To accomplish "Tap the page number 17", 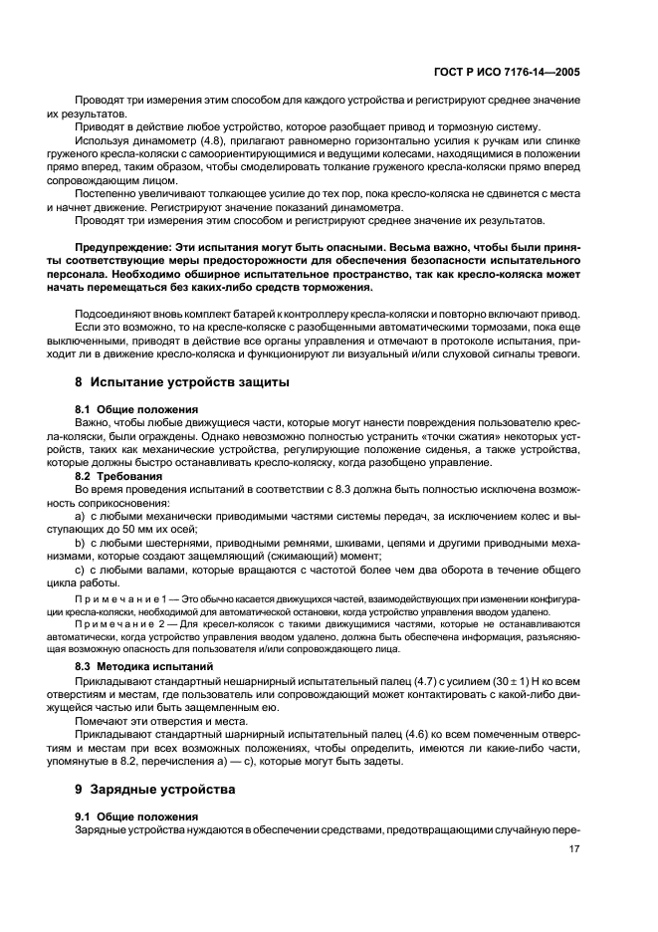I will click(574, 849).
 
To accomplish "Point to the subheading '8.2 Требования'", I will click(120, 476).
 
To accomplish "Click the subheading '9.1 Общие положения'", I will click(130, 815).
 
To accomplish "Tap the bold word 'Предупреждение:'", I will click(126, 244).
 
